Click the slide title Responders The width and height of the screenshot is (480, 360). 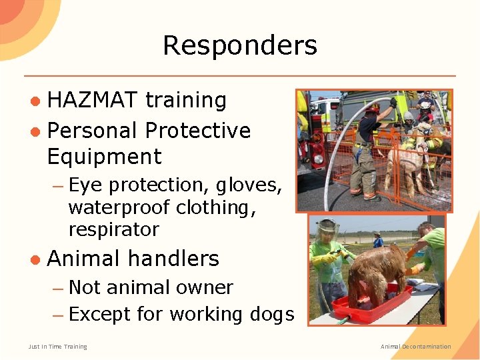point(240,46)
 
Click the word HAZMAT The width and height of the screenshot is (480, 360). point(93,100)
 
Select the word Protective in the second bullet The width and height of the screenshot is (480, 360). point(197,130)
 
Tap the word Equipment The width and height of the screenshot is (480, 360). point(104,157)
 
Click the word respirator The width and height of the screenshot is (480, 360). point(113,230)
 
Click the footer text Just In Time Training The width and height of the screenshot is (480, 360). point(57,346)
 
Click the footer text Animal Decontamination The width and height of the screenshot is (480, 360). point(415,346)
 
